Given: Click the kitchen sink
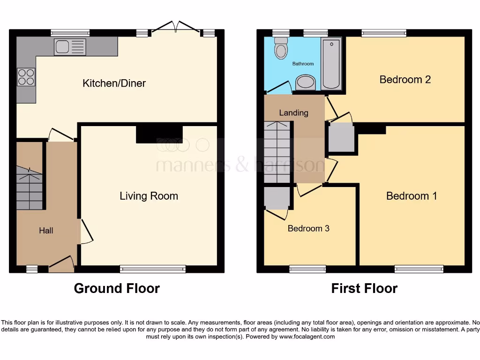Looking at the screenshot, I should click(70, 47).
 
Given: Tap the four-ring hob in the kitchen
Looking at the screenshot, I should click(26, 77).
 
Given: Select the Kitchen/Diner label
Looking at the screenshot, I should click(114, 83).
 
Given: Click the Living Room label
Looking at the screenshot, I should click(149, 196).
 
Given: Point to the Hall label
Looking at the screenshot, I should click(46, 231).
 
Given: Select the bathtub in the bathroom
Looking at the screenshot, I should click(331, 64).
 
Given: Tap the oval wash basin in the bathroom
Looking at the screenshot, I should click(306, 83).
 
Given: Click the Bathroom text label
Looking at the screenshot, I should click(303, 64).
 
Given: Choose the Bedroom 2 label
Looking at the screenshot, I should click(405, 80).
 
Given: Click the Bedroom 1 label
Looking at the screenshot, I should click(412, 196).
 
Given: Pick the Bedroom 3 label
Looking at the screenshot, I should click(308, 229).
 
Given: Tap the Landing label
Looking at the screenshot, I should click(293, 113).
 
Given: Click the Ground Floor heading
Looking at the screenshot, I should click(117, 288).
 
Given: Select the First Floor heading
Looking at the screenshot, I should click(364, 288).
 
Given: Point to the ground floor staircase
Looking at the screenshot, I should click(30, 190).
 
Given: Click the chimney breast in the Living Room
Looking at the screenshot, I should click(159, 134).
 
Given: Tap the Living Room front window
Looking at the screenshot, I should click(153, 269).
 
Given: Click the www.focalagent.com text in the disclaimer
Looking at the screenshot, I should click(307, 337).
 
